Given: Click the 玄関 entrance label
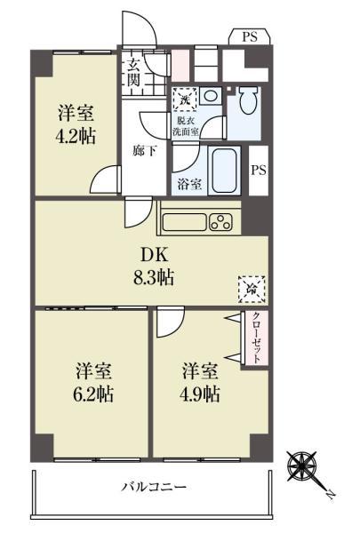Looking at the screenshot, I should (133, 70).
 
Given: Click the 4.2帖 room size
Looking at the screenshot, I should (76, 137).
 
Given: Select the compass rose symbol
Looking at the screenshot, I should (305, 466).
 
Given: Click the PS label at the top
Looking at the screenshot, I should (248, 36).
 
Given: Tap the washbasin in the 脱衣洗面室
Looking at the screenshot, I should (211, 95).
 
